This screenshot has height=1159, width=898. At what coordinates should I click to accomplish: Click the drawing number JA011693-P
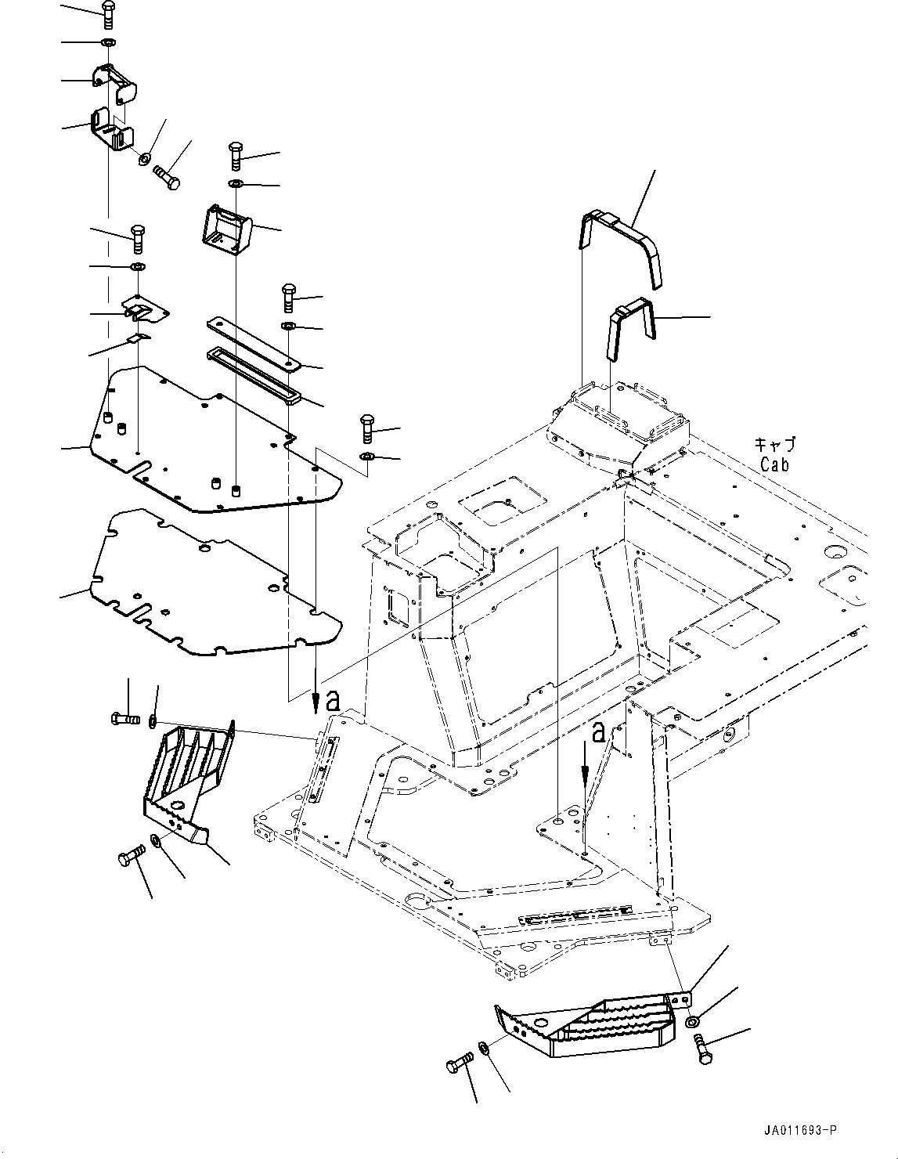pyautogui.click(x=798, y=1130)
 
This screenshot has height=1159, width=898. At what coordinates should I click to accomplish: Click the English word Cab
pyautogui.click(x=774, y=464)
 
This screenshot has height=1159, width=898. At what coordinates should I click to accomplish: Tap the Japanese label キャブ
pyautogui.click(x=774, y=445)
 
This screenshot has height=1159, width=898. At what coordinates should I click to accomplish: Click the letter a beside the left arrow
pyautogui.click(x=334, y=702)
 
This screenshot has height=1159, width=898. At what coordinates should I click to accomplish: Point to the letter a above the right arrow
pyautogui.click(x=599, y=732)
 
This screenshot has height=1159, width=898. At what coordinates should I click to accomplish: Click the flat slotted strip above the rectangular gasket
pyautogui.click(x=254, y=342)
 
